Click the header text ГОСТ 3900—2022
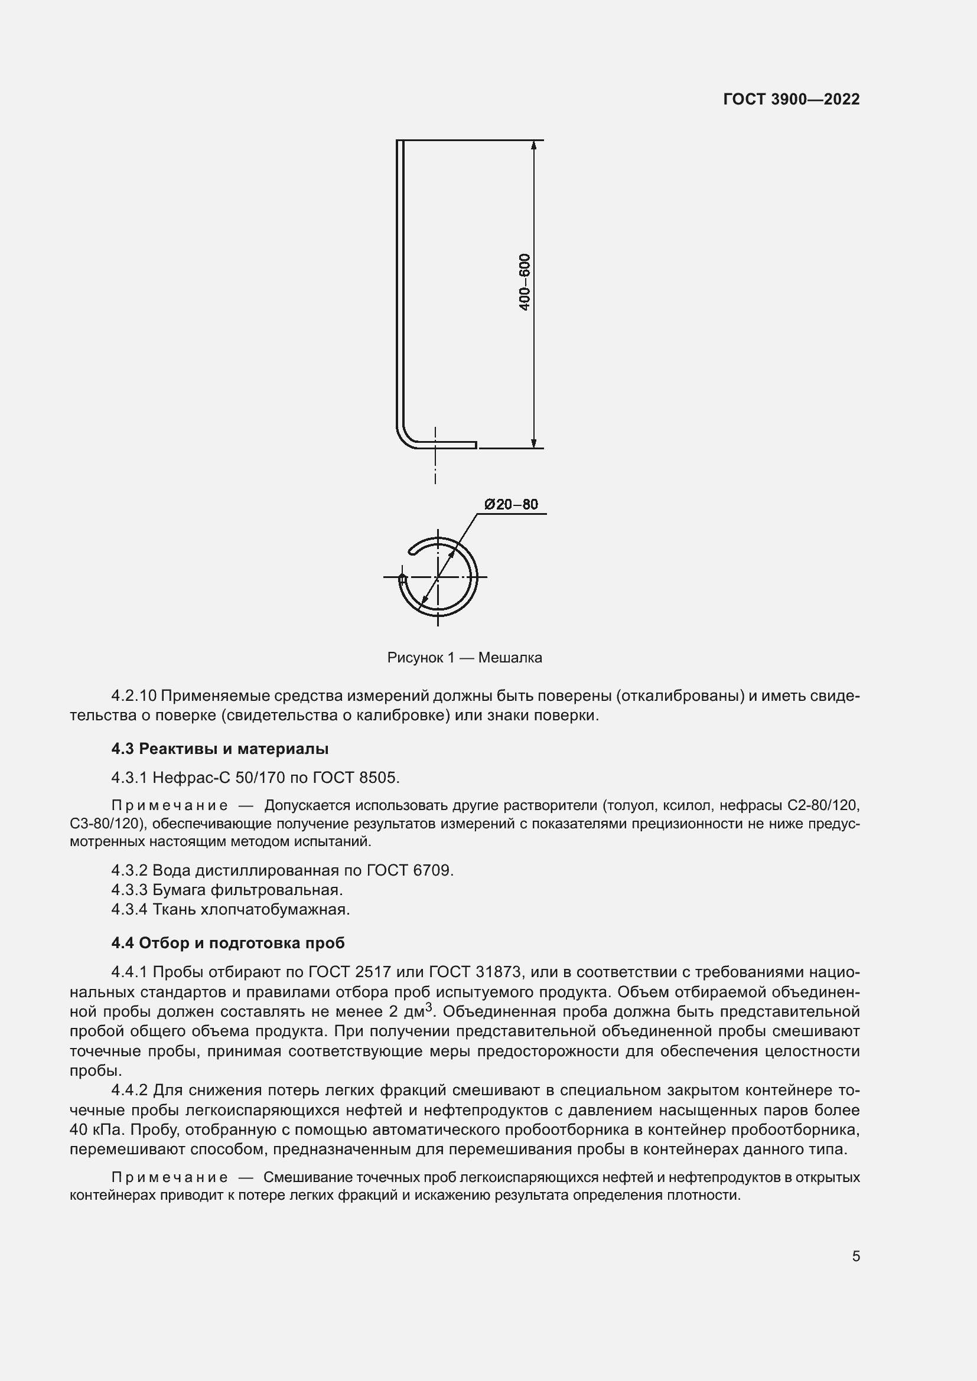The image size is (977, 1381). coord(791,99)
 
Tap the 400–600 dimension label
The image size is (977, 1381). coord(525,282)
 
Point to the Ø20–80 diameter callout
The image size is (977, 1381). coord(512,504)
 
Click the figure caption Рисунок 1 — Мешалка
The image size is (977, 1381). coord(464,657)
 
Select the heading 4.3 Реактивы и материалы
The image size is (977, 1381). coord(220,749)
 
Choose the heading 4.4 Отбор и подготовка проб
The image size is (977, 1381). coord(228,942)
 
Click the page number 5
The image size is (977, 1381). coord(856,1256)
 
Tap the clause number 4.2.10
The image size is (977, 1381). coord(133,696)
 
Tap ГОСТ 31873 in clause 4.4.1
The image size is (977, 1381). coord(471,972)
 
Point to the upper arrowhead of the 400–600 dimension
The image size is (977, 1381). coord(533,146)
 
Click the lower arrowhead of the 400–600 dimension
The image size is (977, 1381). coord(533,443)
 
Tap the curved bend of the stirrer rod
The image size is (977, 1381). coord(404,438)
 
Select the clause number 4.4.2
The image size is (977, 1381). coord(129,1090)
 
